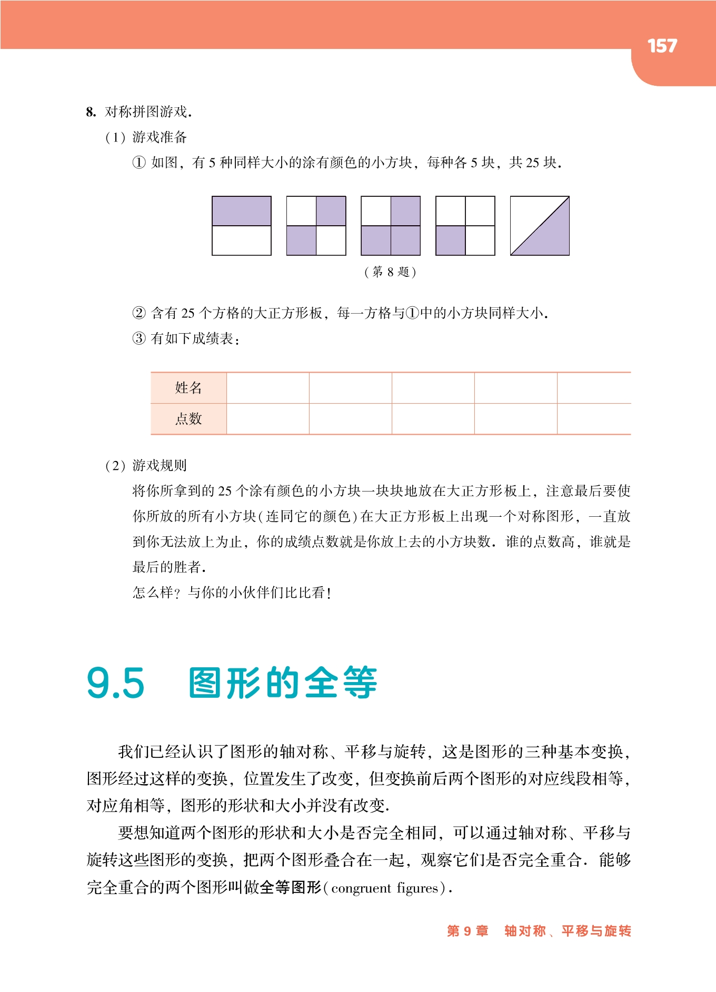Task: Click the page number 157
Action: pyautogui.click(x=662, y=46)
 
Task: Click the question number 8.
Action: pyautogui.click(x=91, y=112)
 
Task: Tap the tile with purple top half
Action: pyautogui.click(x=242, y=226)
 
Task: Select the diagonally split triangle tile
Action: pyautogui.click(x=540, y=226)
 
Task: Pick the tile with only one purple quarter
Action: pyautogui.click(x=465, y=226)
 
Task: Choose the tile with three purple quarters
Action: pyautogui.click(x=391, y=226)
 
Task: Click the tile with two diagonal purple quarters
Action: pyautogui.click(x=316, y=226)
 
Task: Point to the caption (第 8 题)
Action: pyautogui.click(x=390, y=272)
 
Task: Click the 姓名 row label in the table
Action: pyautogui.click(x=188, y=388)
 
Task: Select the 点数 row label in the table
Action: pyautogui.click(x=188, y=419)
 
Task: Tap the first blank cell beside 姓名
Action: pyautogui.click(x=267, y=388)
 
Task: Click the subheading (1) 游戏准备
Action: pyautogui.click(x=146, y=137)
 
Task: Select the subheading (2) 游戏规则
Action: pyautogui.click(x=146, y=465)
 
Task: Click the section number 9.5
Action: pyautogui.click(x=115, y=683)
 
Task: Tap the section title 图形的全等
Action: pyautogui.click(x=283, y=683)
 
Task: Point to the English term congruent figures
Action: pyautogui.click(x=385, y=888)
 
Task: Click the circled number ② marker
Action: pyautogui.click(x=139, y=313)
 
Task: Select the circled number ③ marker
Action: pyautogui.click(x=139, y=338)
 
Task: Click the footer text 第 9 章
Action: pyautogui.click(x=468, y=931)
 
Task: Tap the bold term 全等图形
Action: pyautogui.click(x=290, y=888)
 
